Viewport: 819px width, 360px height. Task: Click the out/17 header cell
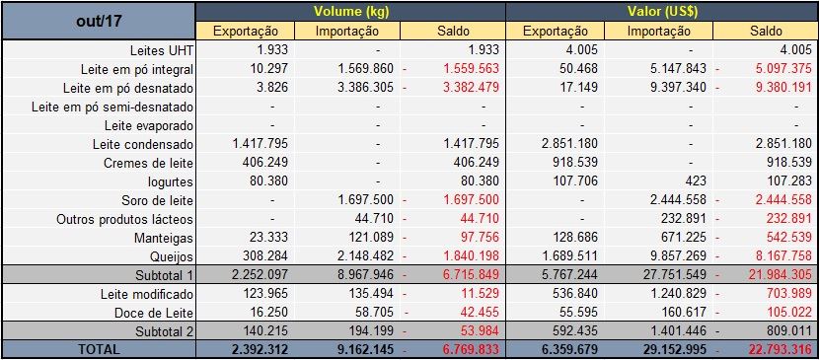98,21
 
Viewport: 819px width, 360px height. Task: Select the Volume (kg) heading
350,12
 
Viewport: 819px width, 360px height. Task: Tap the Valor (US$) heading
660,12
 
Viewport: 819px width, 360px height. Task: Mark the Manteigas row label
162,238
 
